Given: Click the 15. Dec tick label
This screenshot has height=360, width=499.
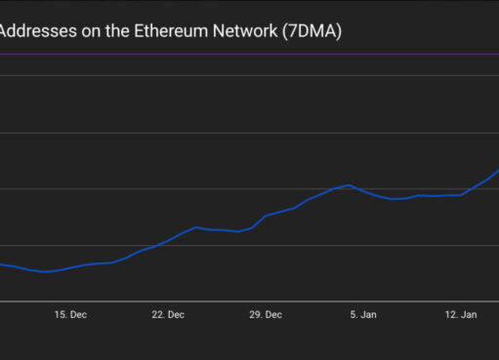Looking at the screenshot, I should click(x=71, y=315).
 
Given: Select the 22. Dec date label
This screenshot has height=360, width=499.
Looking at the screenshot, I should click(x=168, y=315).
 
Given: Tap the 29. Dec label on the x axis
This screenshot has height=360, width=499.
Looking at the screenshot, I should click(x=266, y=315).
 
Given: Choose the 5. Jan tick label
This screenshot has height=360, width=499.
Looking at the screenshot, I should click(x=363, y=315).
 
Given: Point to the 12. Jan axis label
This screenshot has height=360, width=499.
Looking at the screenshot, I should click(x=461, y=315).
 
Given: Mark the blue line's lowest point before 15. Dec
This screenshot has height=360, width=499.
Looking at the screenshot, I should click(x=45, y=271).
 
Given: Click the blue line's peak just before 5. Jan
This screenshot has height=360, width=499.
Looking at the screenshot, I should click(x=349, y=184).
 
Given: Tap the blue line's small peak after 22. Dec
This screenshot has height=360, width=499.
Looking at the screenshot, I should click(x=196, y=227).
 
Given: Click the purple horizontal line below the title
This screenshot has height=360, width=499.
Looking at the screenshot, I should click(x=249, y=54).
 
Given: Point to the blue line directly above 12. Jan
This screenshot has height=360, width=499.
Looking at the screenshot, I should click(x=461, y=195).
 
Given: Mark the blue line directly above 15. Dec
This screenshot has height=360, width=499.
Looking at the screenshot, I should click(x=71, y=267).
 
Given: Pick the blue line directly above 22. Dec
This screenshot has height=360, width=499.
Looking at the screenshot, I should click(x=168, y=241).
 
